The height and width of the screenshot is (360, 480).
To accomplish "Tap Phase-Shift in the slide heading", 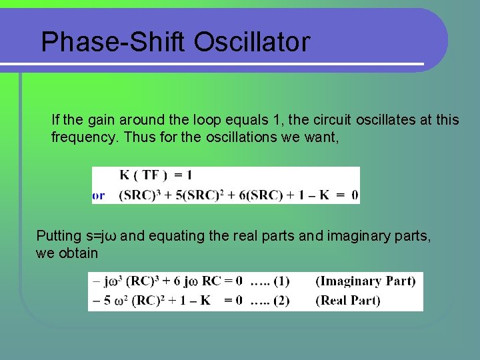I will [x=114, y=42].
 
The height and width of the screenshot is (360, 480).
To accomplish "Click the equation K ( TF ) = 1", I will [x=155, y=176].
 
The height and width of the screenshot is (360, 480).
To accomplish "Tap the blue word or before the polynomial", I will [x=99, y=195].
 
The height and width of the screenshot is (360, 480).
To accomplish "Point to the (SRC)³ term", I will [x=139, y=195].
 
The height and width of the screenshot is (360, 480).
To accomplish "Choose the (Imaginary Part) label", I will [x=366, y=281].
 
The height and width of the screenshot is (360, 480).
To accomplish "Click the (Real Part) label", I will [x=347, y=301].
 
